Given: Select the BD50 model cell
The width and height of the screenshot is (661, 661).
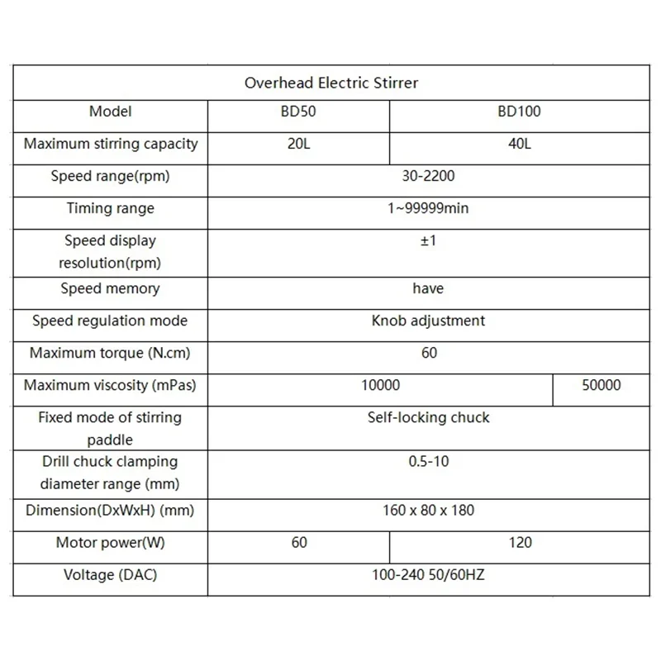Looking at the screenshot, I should [x=298, y=112].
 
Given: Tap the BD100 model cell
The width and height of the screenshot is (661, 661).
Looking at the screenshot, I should [x=519, y=112].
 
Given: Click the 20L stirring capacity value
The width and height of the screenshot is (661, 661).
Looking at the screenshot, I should [x=298, y=144].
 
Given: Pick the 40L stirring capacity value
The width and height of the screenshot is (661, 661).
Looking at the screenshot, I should [x=520, y=144].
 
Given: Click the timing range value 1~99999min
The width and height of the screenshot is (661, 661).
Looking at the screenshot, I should [x=427, y=208].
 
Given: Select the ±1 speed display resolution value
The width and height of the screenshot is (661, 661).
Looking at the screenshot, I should [x=427, y=241].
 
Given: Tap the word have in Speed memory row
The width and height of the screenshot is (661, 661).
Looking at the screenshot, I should [x=428, y=288].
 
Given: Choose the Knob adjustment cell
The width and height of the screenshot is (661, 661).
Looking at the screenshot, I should [x=428, y=321].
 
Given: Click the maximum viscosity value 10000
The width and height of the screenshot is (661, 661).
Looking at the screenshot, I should [x=381, y=385].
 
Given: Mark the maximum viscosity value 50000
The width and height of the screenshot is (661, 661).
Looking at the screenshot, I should [x=602, y=385].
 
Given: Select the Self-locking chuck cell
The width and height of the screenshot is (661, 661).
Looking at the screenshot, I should [x=428, y=417].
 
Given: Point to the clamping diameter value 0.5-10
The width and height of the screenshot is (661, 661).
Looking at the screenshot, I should [x=428, y=461].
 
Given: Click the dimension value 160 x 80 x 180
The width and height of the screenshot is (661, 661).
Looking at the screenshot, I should [x=428, y=510].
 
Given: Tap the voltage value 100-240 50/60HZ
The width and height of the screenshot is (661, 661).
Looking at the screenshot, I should [x=428, y=575].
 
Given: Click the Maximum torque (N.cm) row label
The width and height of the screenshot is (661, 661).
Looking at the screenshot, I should [x=110, y=353].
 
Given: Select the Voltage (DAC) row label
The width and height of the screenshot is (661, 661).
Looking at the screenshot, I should [x=110, y=575].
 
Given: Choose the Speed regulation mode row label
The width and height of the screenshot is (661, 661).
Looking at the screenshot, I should [x=110, y=321].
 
